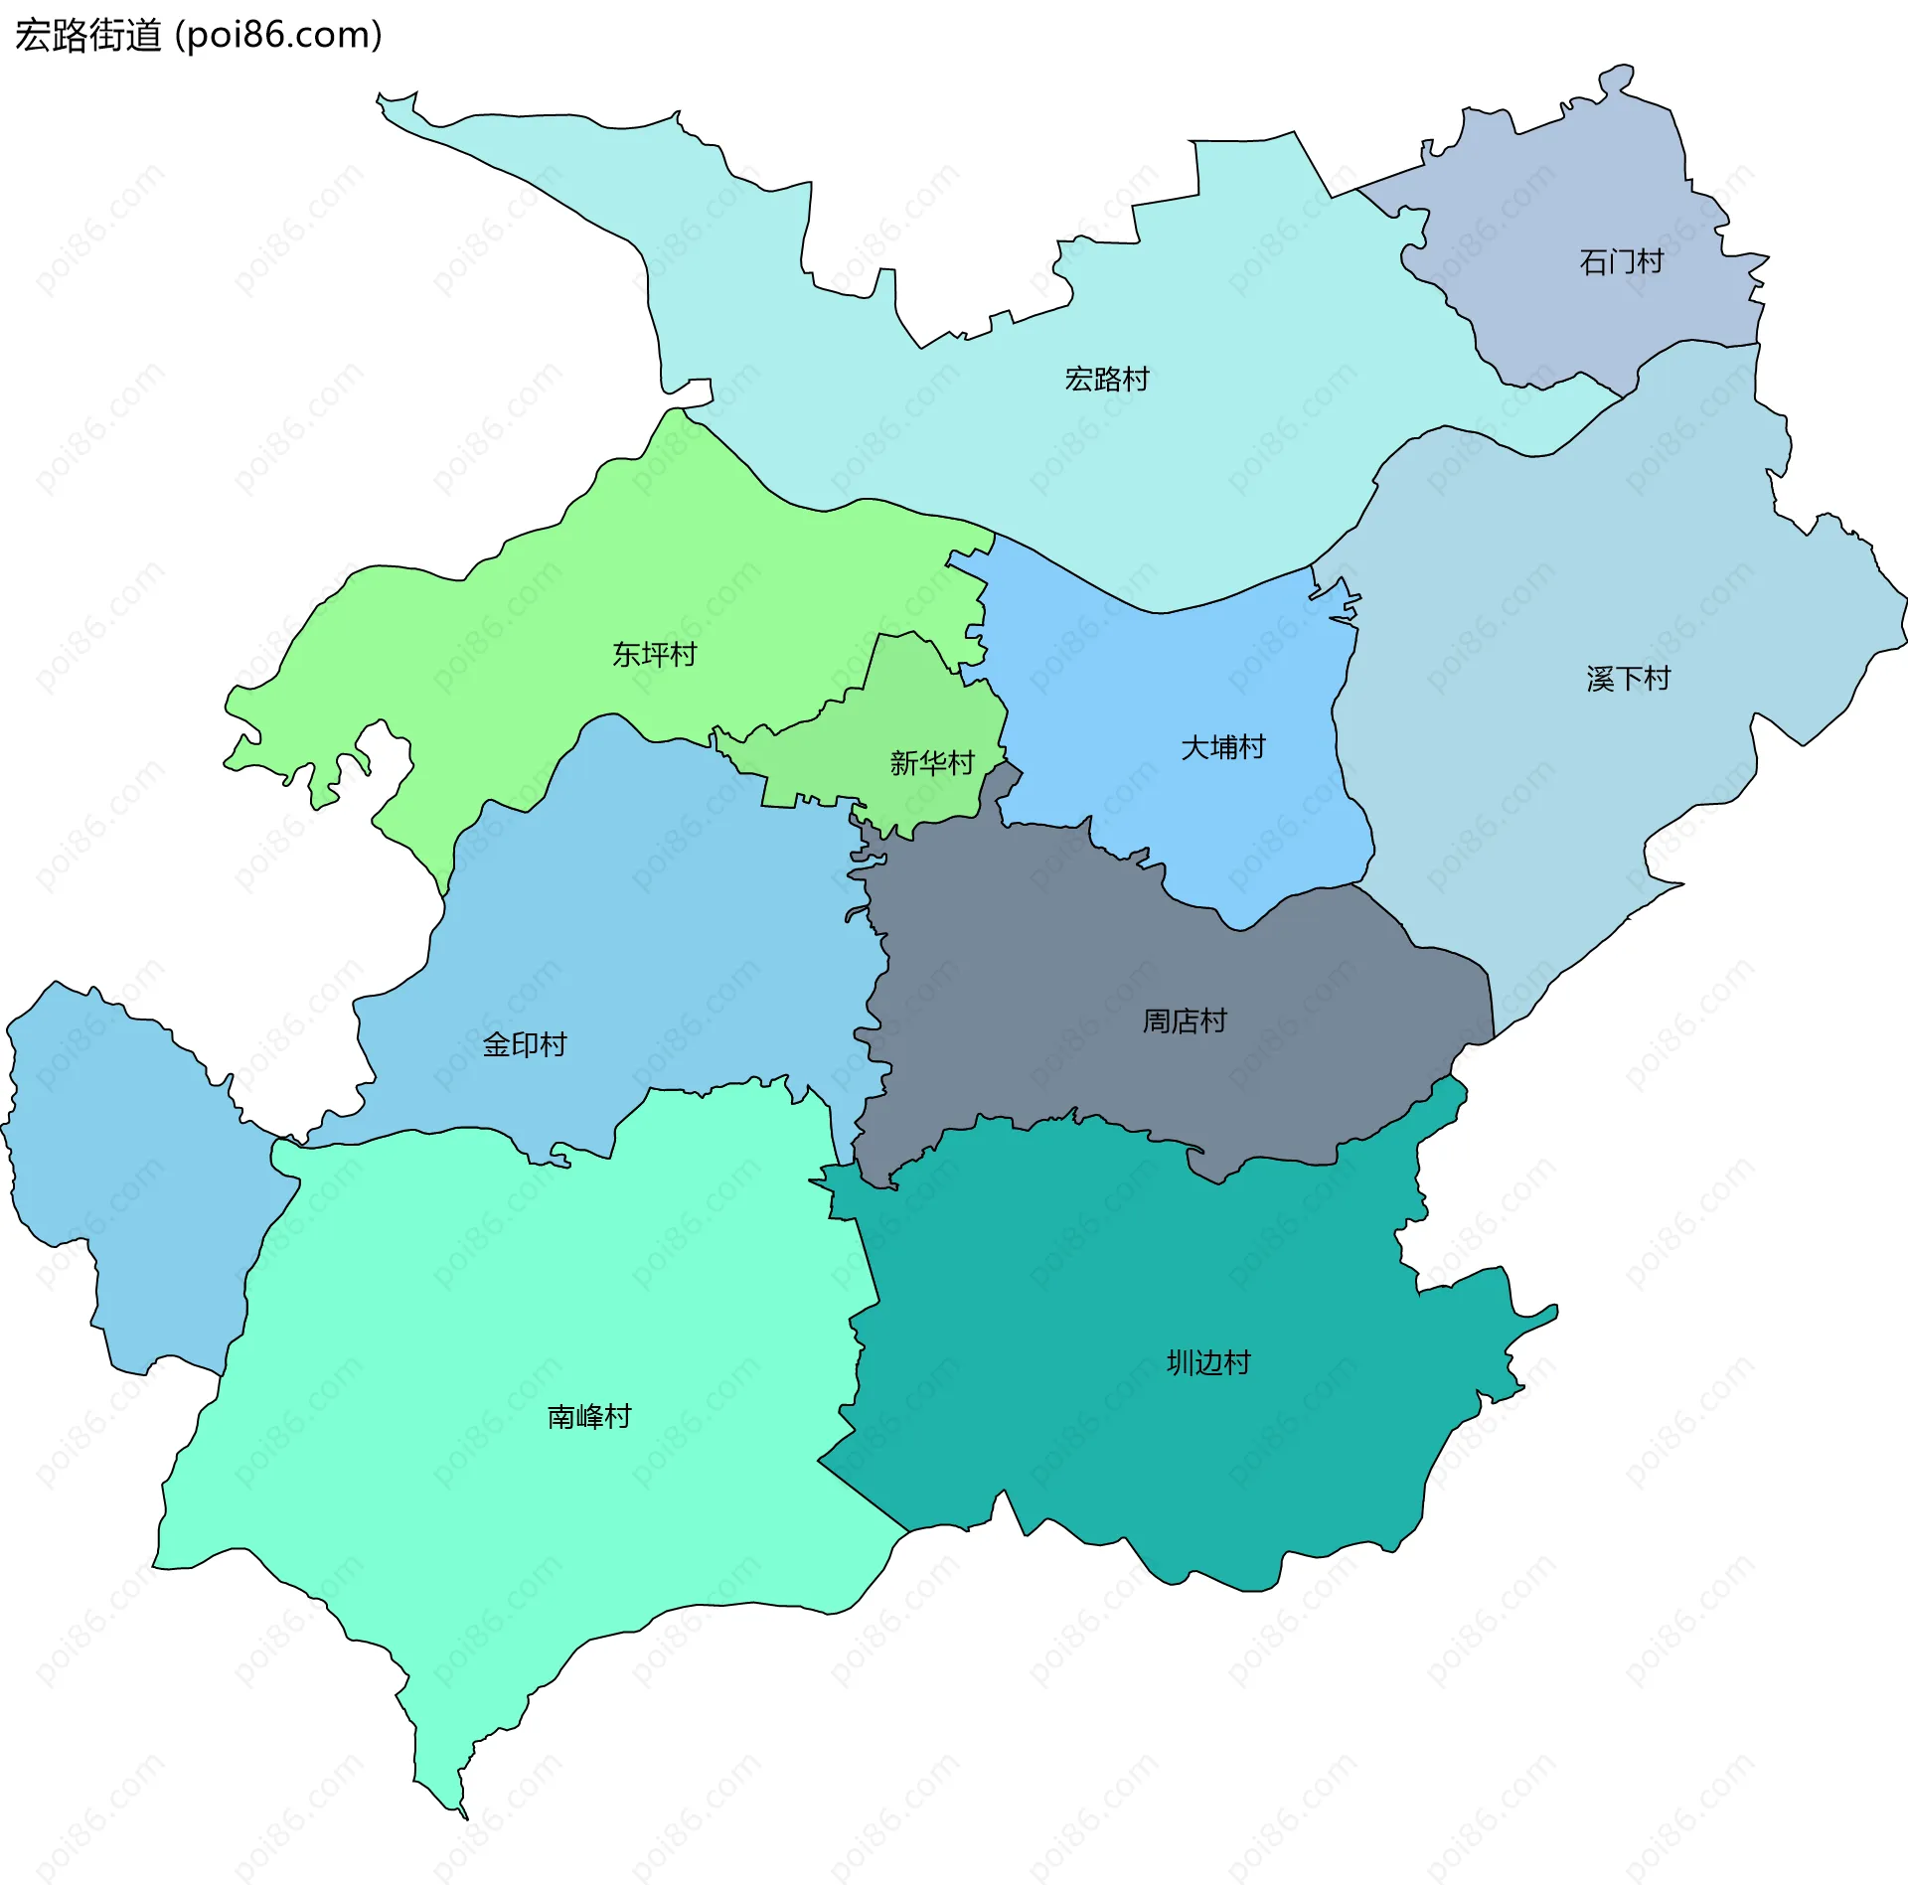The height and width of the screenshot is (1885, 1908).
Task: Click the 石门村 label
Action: [1621, 262]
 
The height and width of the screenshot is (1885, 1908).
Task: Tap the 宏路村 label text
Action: [1106, 380]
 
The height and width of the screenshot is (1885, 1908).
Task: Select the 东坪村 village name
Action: [654, 655]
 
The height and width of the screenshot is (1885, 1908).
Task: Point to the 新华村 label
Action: [931, 763]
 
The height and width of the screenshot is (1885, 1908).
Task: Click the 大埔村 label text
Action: [1222, 747]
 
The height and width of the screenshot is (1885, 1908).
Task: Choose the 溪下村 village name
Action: [1628, 680]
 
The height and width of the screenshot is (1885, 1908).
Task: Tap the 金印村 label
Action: [524, 1044]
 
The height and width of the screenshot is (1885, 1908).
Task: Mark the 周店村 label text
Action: [1184, 1021]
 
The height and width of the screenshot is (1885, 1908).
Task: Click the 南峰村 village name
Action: [589, 1417]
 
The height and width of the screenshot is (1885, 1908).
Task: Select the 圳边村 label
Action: [1207, 1362]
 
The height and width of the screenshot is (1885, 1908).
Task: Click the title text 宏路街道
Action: [87, 36]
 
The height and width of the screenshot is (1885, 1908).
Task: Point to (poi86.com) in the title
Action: [279, 36]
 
